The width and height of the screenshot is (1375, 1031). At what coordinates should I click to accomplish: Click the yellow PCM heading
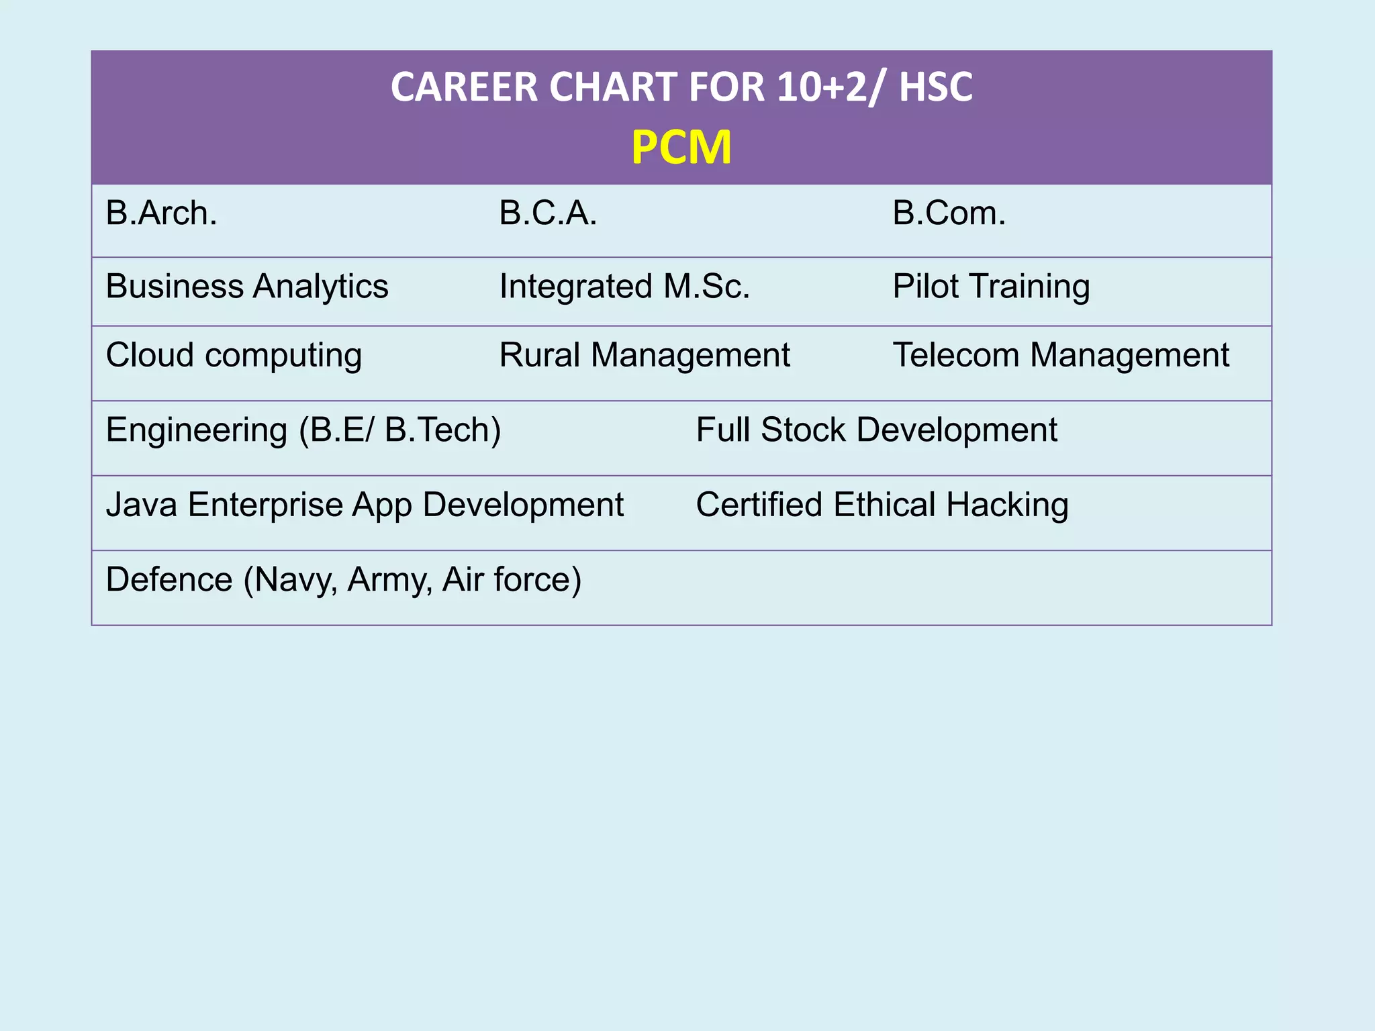(x=681, y=148)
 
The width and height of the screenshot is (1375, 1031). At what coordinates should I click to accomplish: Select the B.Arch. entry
(x=162, y=213)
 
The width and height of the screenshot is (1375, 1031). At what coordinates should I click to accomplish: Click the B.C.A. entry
(x=548, y=213)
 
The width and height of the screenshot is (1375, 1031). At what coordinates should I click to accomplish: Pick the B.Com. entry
(x=949, y=213)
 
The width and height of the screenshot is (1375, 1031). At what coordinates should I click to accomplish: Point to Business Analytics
(x=247, y=287)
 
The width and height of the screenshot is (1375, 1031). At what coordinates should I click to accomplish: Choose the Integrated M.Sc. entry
(x=624, y=287)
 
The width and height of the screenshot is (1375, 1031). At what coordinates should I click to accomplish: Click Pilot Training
(x=991, y=287)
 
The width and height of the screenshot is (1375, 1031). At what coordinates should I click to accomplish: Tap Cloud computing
(x=234, y=355)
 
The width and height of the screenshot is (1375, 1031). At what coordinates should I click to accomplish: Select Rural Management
(x=645, y=355)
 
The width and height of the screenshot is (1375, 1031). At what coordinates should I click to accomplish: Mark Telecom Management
(x=1061, y=355)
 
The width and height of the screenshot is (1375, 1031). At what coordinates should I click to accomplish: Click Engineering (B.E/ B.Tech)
(x=303, y=430)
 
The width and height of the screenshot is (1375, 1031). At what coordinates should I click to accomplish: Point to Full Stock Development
(x=876, y=430)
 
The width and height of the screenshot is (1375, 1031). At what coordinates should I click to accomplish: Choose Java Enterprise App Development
(x=365, y=505)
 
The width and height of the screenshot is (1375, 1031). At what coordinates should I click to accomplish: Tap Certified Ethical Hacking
(x=882, y=505)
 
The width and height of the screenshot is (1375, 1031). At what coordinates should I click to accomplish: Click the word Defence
(x=169, y=580)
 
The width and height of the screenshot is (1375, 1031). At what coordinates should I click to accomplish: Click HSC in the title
(x=935, y=87)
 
